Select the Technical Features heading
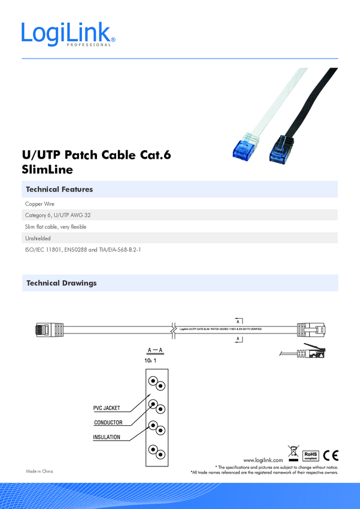[x=59, y=189]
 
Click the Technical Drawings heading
[x=61, y=283]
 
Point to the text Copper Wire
[x=40, y=204]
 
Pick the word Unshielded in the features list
[x=38, y=238]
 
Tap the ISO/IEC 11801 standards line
[x=83, y=250]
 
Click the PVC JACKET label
[x=107, y=408]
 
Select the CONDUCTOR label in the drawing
[x=108, y=423]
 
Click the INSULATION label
[x=107, y=437]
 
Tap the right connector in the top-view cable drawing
[x=311, y=328]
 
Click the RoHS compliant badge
[x=310, y=456]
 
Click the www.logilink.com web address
[x=263, y=459]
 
